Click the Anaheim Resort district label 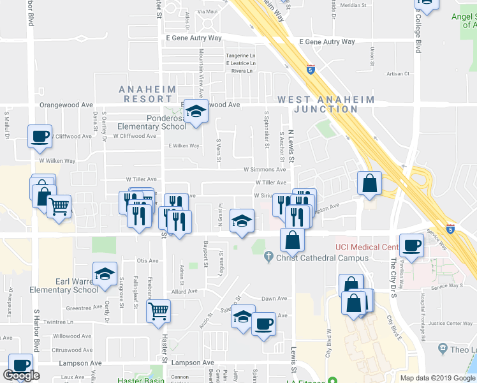pos(145,94)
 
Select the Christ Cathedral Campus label pos(322,258)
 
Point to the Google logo pos(21,375)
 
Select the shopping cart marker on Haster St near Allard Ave pos(158,312)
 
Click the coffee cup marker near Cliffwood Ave pos(40,135)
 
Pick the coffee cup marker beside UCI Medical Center pos(411,244)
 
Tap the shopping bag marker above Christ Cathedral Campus pos(292,239)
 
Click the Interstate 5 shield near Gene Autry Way pos(311,68)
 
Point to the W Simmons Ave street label pos(265,170)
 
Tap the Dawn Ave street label pos(274,298)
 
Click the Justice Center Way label pos(450,324)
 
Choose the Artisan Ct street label pos(398,73)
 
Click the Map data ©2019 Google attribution pos(437,378)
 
